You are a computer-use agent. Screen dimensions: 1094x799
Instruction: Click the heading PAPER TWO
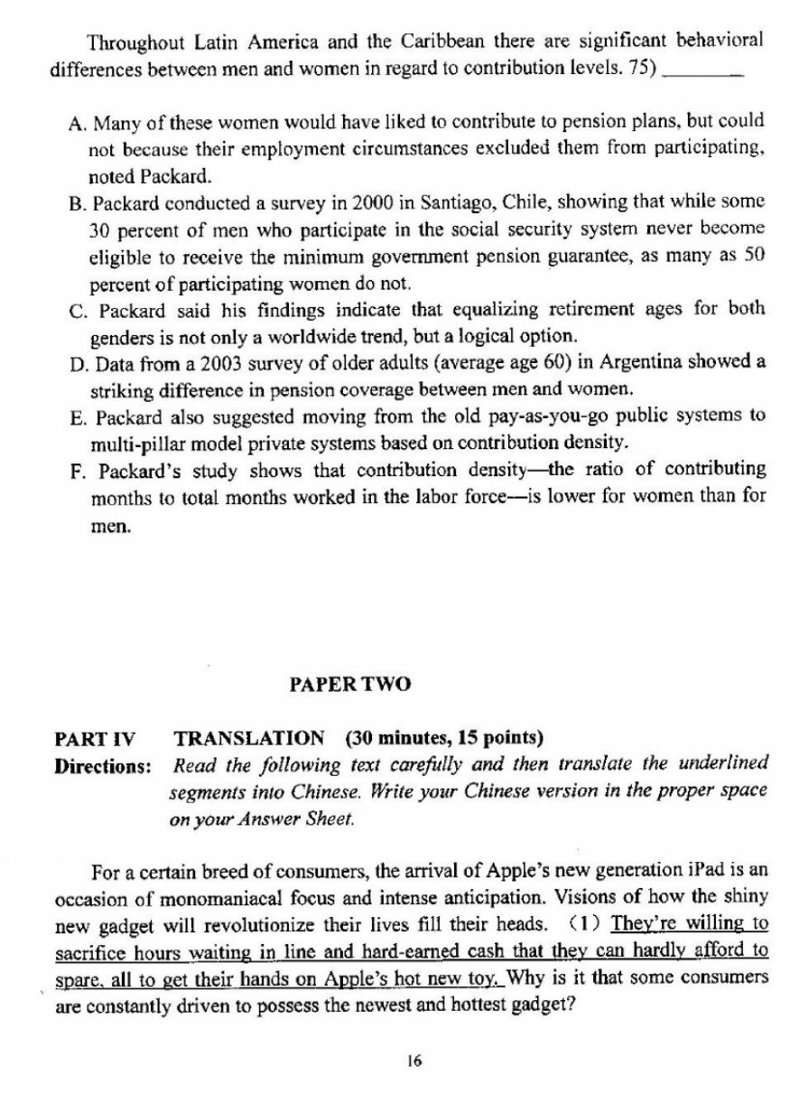[x=349, y=685]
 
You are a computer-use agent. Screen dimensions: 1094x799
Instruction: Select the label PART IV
[x=95, y=739]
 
